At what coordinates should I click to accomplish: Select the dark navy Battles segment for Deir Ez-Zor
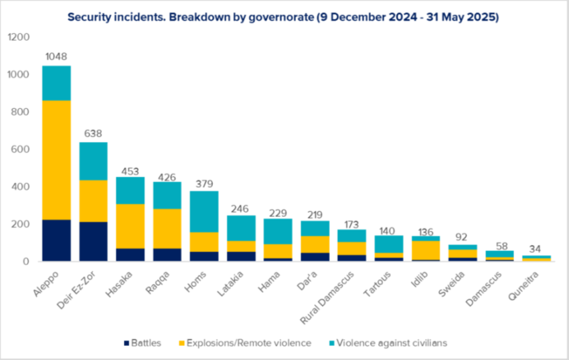tap(94, 242)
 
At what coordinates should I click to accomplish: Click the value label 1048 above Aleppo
tap(57, 57)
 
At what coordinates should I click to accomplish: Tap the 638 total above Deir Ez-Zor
tap(94, 133)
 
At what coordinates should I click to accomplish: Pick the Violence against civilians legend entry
tap(391, 343)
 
